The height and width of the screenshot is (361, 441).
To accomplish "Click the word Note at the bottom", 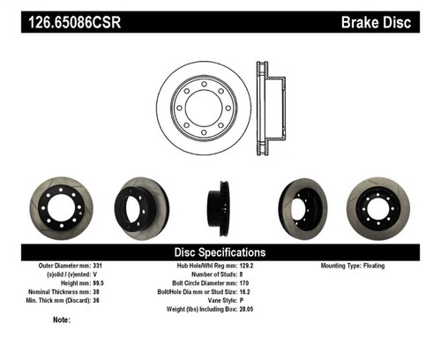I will pyautogui.click(x=62, y=320).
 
